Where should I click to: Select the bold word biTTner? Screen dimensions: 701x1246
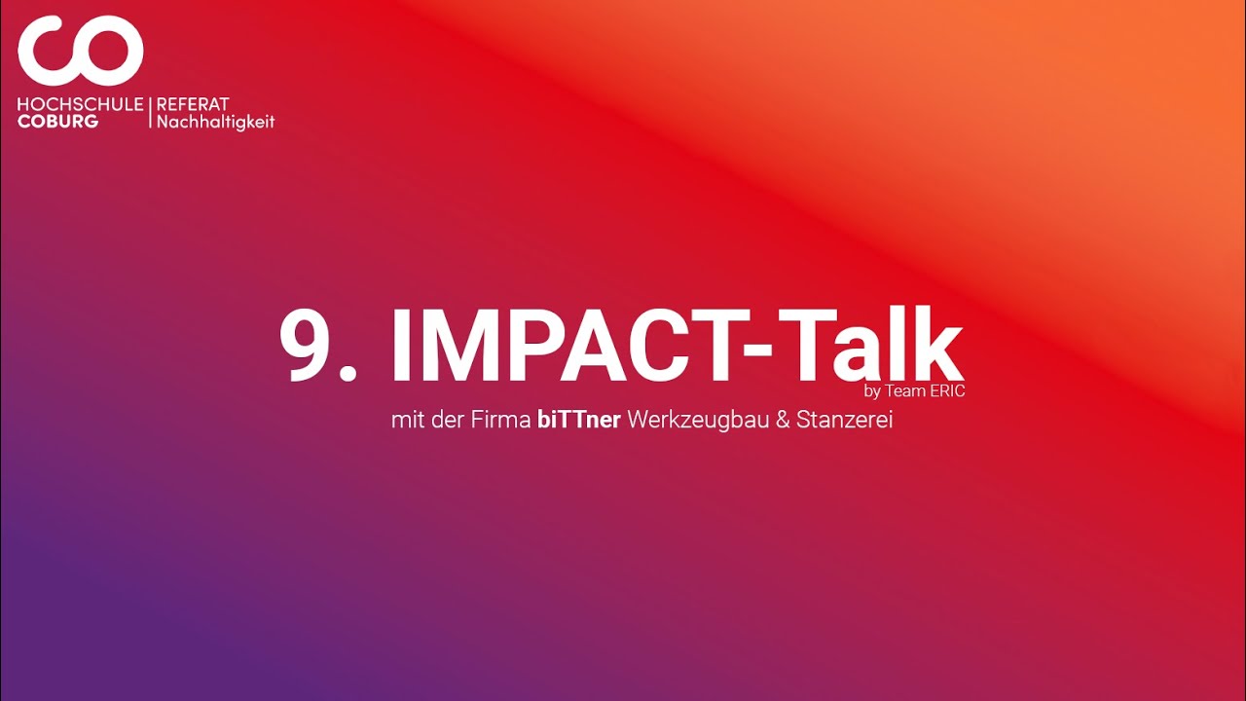click(x=579, y=422)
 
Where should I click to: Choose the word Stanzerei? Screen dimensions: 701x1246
click(x=845, y=422)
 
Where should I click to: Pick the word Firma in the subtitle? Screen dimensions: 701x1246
click(x=505, y=422)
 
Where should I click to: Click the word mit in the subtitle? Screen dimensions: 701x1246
click(x=405, y=422)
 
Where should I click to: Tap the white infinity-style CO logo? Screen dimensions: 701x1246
click(x=80, y=53)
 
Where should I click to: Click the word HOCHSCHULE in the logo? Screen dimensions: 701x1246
click(x=80, y=104)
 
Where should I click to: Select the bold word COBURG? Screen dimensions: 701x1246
click(x=57, y=122)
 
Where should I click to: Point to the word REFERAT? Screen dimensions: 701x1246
click(x=193, y=104)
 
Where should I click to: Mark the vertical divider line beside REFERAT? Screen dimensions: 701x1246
click(x=150, y=113)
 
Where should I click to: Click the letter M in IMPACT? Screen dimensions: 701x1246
click(x=461, y=347)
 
